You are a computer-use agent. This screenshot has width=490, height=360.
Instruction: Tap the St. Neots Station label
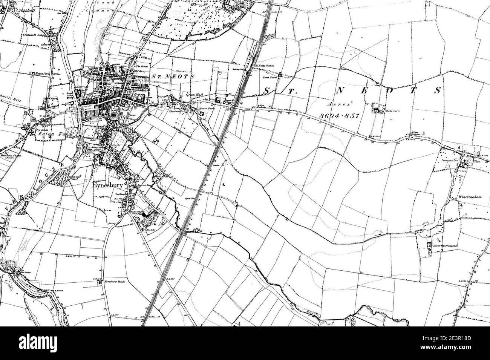pyautogui.click(x=265, y=66)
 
